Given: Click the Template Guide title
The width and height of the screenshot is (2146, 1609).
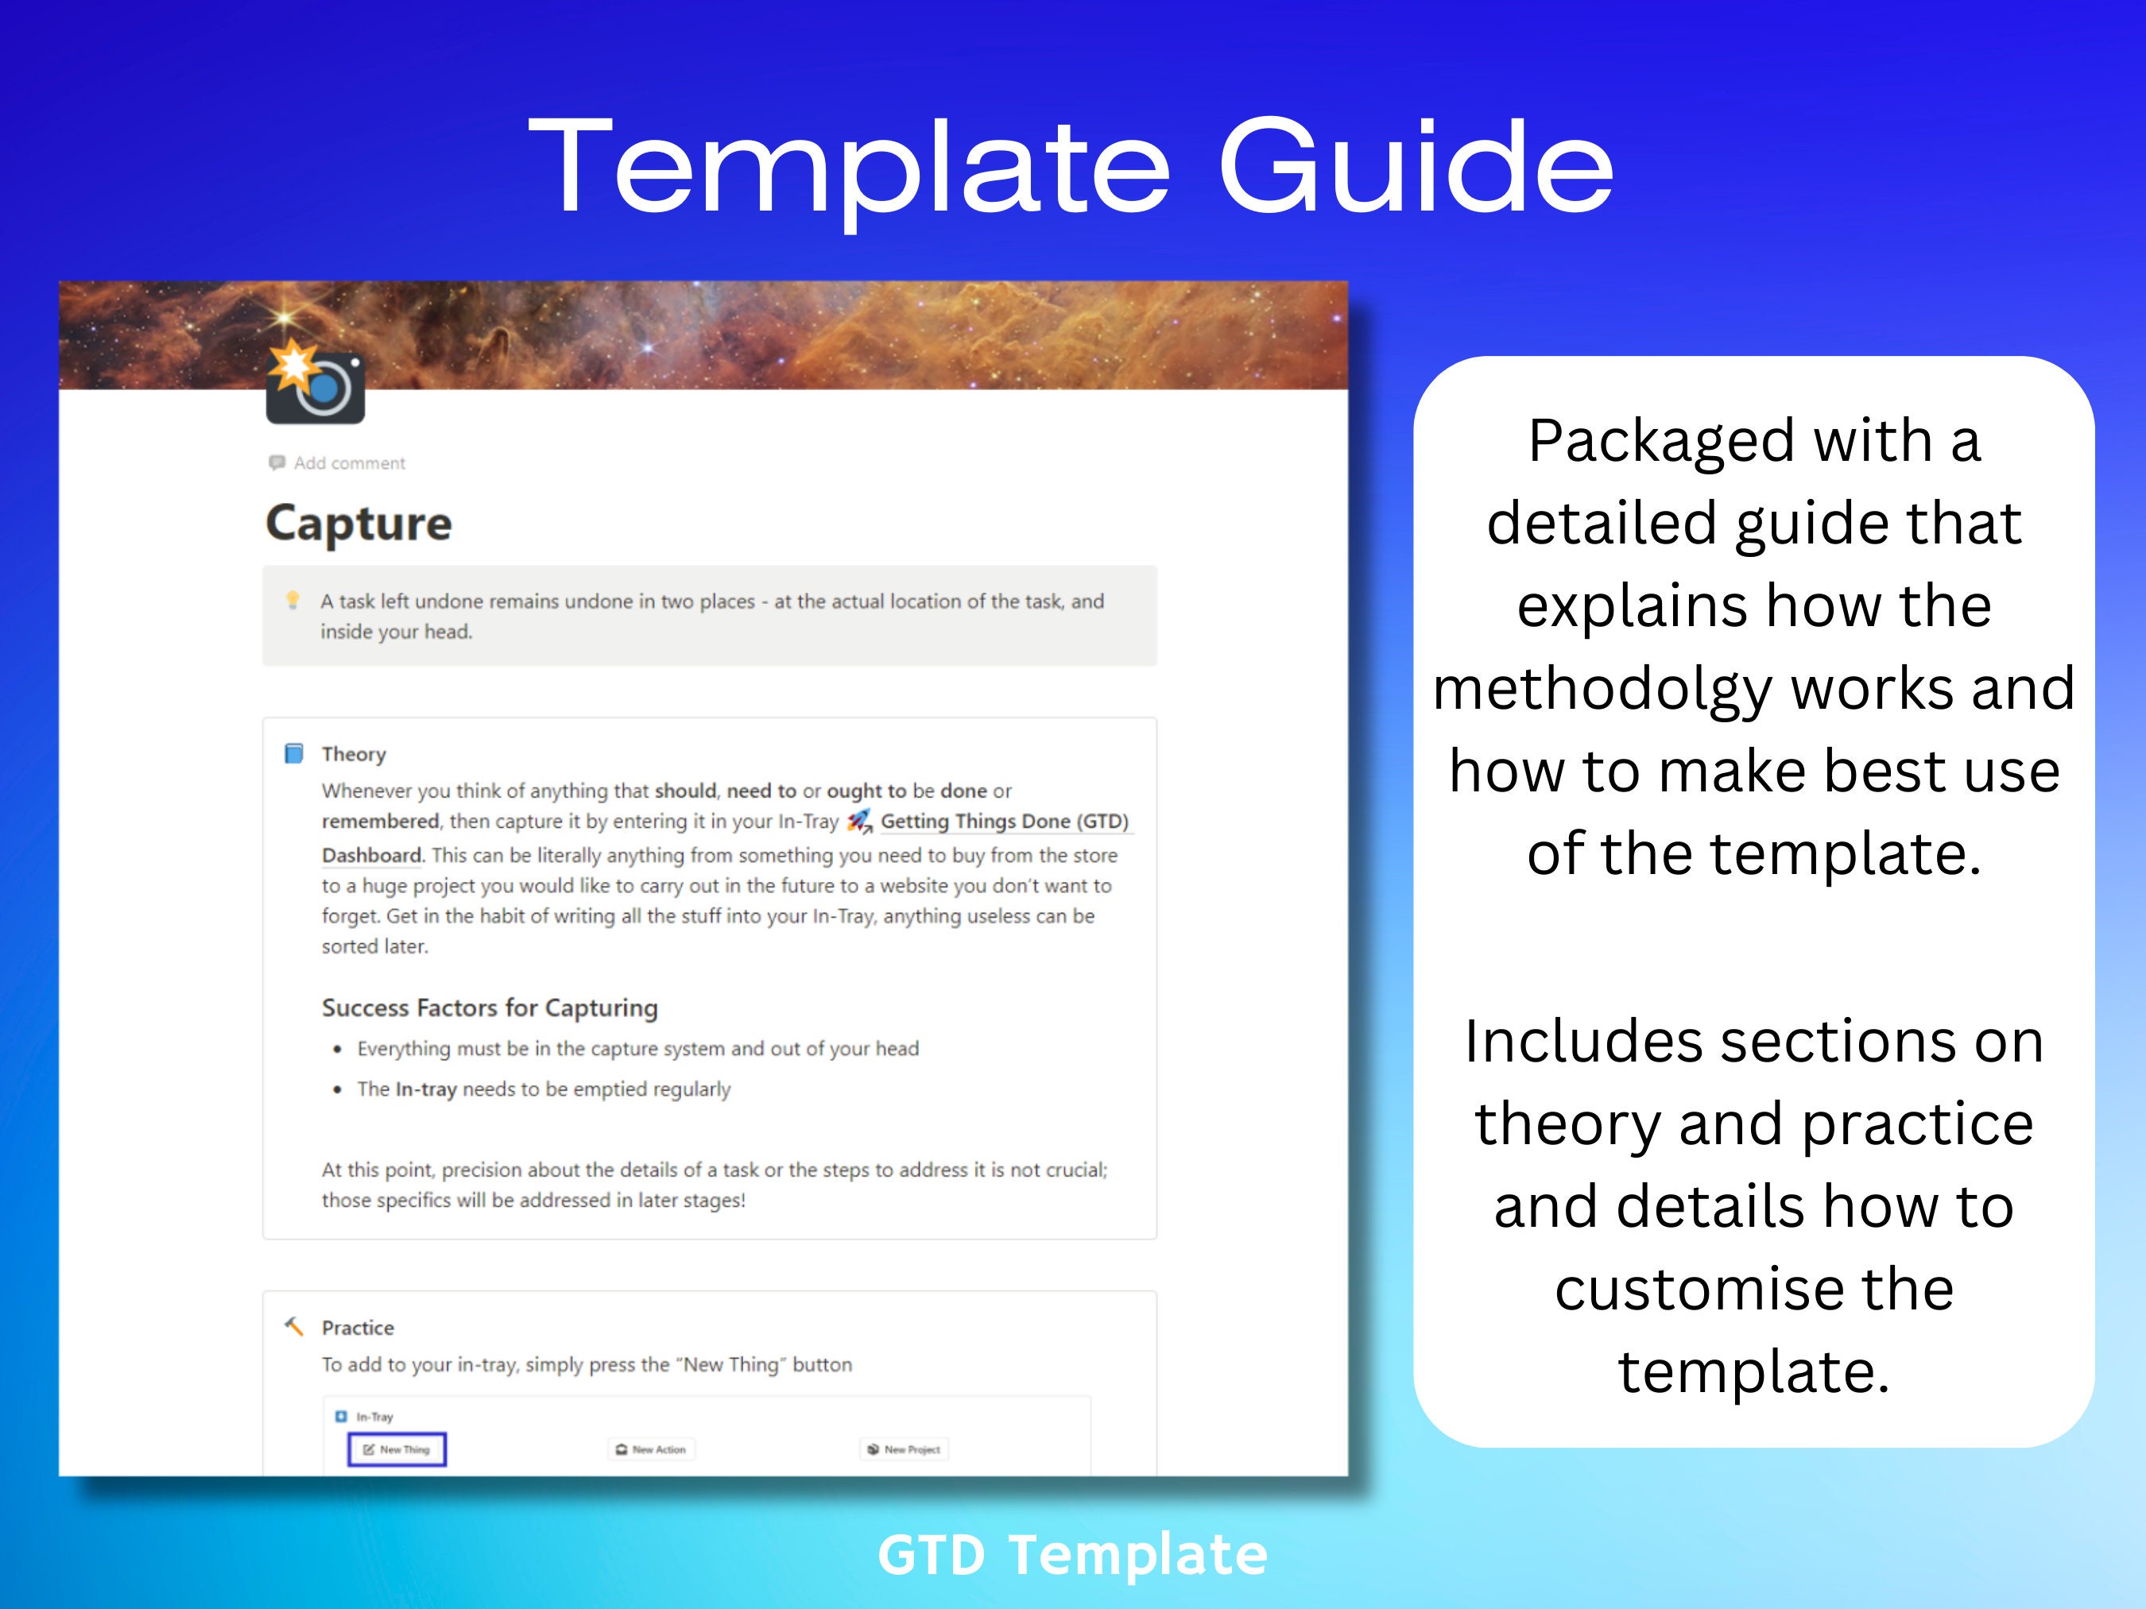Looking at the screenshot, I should click(1071, 167).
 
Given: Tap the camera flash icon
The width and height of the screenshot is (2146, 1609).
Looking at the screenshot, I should click(316, 383).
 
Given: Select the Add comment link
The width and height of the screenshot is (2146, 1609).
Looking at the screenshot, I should click(349, 463).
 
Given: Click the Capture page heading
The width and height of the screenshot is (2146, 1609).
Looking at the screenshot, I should click(359, 524).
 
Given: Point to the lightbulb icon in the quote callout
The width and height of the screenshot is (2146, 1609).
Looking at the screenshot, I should click(292, 601).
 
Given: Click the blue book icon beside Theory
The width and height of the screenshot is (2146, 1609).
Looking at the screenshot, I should click(293, 753).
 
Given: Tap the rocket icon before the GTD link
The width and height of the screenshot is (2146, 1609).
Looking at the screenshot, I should click(859, 822).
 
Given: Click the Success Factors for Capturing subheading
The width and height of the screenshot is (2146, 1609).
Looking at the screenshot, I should click(490, 1008).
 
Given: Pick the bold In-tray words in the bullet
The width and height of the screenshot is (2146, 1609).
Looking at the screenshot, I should click(426, 1089).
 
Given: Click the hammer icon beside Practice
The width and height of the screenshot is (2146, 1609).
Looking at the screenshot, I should click(293, 1327).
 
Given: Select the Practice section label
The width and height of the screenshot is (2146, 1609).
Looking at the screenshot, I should click(358, 1328).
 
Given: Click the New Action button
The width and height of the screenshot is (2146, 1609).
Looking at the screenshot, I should click(651, 1449).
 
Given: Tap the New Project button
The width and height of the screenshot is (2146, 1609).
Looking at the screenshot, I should click(904, 1449).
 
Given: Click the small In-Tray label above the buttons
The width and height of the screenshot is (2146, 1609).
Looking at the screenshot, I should click(374, 1417).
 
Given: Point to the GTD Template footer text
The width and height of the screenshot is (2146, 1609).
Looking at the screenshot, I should click(1072, 1555).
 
